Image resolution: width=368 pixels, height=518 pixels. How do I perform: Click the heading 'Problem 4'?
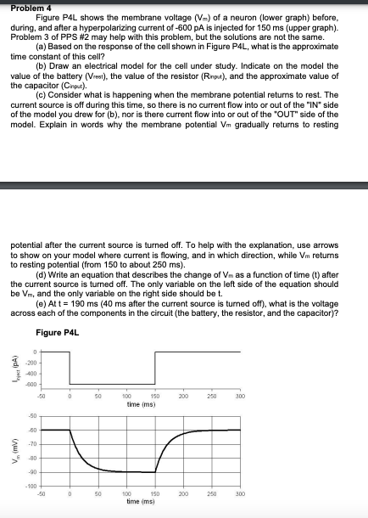click(x=25, y=8)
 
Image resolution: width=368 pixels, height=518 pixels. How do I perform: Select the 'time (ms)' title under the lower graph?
click(x=142, y=503)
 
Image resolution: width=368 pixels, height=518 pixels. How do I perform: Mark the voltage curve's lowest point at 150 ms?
click(x=155, y=472)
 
